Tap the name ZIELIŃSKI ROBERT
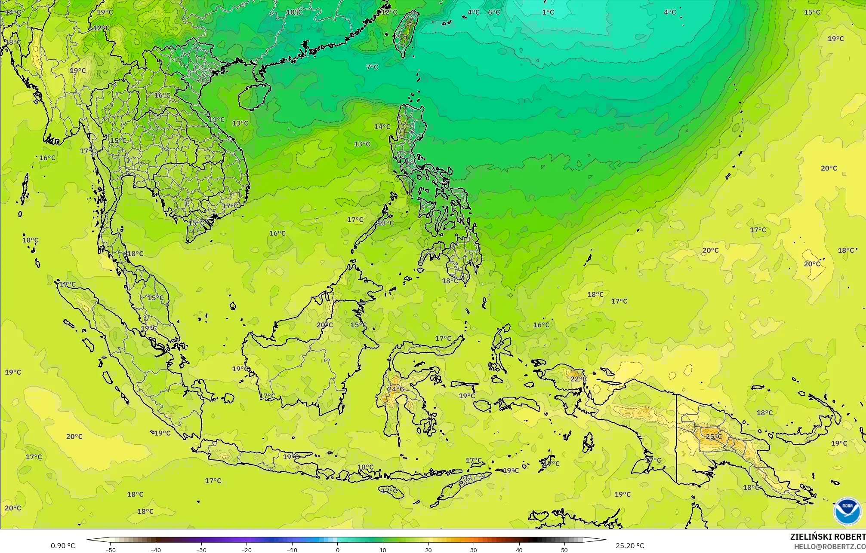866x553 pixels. (827, 537)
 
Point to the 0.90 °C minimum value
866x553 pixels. (63, 546)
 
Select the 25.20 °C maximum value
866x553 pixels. (630, 546)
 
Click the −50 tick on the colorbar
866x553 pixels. (111, 550)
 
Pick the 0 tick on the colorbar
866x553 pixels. (338, 550)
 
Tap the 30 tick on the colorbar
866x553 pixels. (474, 550)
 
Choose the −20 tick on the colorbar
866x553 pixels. (247, 550)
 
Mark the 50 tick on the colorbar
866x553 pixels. (564, 550)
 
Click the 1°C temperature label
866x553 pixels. (548, 12)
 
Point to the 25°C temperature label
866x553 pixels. (714, 437)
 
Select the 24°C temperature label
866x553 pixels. (395, 389)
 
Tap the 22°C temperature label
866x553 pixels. (578, 379)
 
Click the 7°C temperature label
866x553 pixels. (372, 67)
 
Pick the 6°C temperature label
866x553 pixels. (494, 12)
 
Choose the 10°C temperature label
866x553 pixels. (294, 12)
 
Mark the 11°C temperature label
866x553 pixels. (216, 120)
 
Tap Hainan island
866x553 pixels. (254, 97)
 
